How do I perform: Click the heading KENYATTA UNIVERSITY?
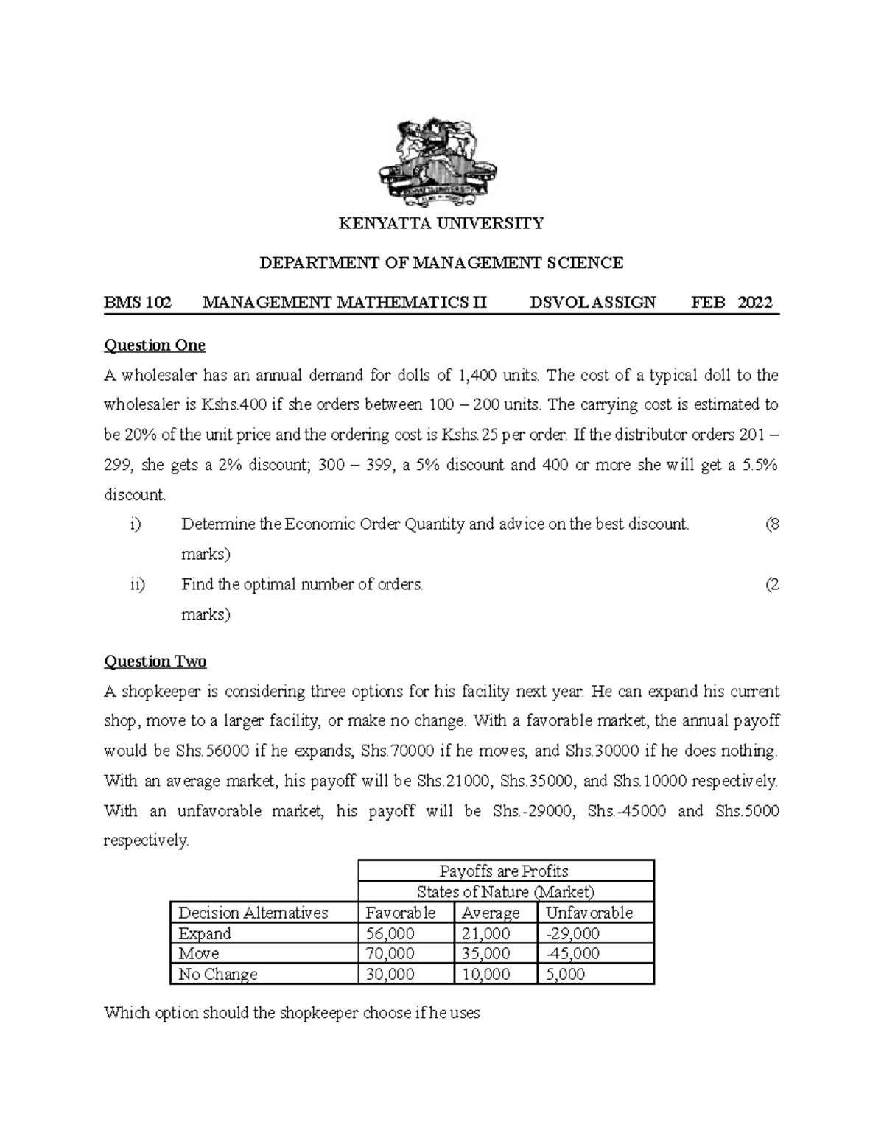[441, 223]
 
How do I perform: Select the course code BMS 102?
[138, 302]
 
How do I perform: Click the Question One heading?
[155, 345]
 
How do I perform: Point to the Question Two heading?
[155, 662]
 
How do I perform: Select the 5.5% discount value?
[760, 466]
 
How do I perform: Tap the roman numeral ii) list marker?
[137, 585]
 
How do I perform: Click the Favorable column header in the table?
[401, 913]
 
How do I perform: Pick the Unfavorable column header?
[589, 913]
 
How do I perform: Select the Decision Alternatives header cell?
[253, 913]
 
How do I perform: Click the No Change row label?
[218, 975]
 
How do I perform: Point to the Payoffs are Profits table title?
[504, 871]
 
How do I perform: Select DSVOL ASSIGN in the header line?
[592, 302]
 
